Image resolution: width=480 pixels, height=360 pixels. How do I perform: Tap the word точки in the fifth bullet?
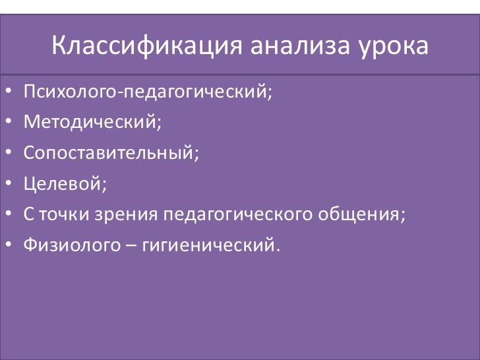pos(60,215)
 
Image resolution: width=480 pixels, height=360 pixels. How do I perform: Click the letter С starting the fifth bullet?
pos(28,215)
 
